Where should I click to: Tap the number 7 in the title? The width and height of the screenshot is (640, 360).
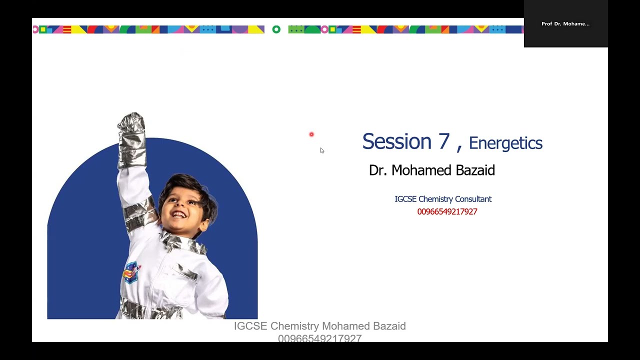click(444, 141)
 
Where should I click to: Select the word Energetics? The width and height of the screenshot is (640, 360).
click(505, 143)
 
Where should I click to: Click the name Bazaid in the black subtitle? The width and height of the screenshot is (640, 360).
click(475, 170)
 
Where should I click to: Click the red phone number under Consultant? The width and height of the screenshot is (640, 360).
click(447, 211)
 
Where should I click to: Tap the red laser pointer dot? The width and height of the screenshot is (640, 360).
click(311, 134)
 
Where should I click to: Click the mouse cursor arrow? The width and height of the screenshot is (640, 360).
click(322, 150)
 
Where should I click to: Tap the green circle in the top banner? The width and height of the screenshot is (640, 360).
click(276, 29)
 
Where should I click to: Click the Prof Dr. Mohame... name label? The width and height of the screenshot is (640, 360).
click(565, 24)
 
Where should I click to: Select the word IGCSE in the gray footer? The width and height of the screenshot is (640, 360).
click(250, 326)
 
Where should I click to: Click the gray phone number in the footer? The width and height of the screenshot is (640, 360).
click(319, 338)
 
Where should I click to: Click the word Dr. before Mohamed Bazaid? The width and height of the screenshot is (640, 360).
click(378, 170)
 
